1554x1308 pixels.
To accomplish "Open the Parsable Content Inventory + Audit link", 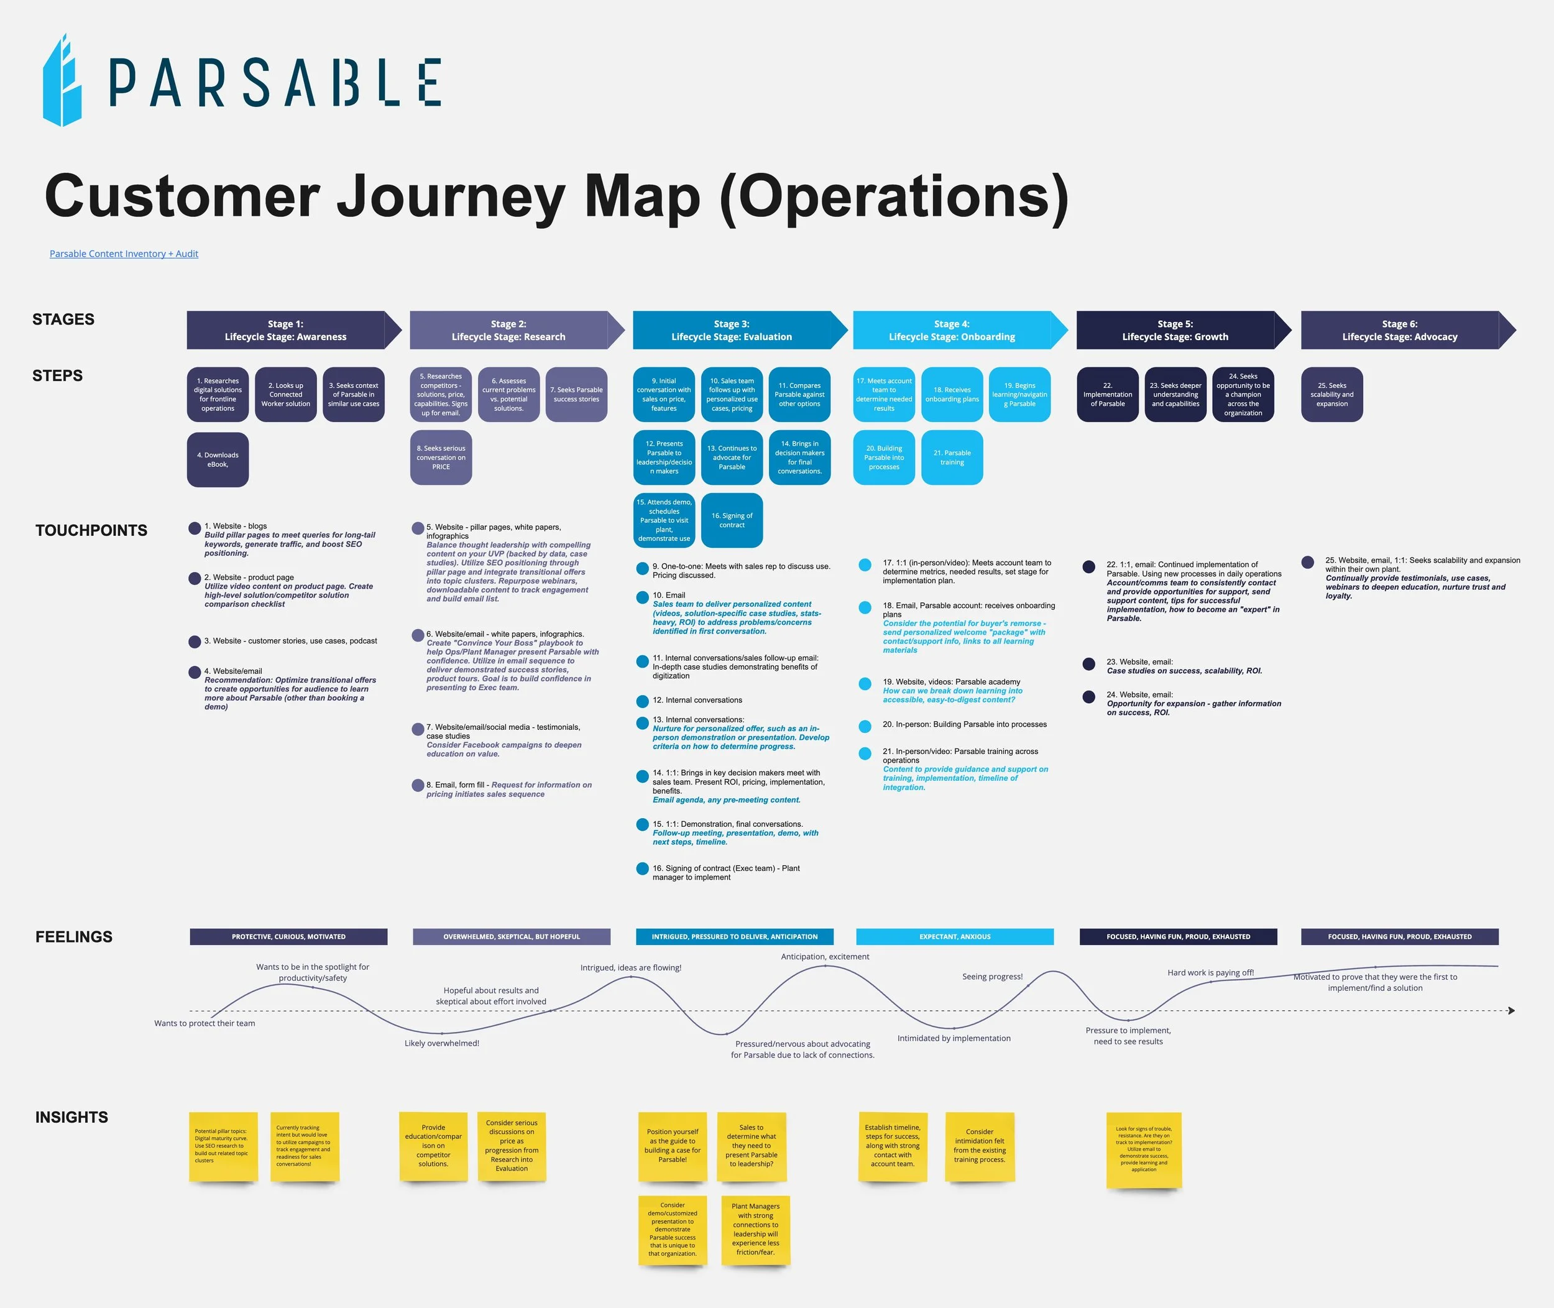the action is pyautogui.click(x=124, y=254).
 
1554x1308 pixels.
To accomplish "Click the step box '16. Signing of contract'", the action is pyautogui.click(x=732, y=520).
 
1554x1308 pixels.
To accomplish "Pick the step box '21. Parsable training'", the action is pyautogui.click(x=952, y=458).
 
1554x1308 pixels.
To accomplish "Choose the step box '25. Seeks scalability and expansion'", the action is pyautogui.click(x=1331, y=395).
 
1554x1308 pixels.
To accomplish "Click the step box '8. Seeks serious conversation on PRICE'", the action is pyautogui.click(x=441, y=458).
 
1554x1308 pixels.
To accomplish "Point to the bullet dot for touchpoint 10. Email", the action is pyautogui.click(x=643, y=597).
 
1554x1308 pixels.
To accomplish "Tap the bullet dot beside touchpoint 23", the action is pyautogui.click(x=1088, y=665).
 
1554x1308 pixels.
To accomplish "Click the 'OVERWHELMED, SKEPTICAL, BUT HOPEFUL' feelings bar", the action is pyautogui.click(x=512, y=936).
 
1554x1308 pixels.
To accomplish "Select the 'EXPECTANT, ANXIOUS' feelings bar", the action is pyautogui.click(x=955, y=936).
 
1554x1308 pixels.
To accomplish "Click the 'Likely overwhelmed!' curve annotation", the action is pyautogui.click(x=442, y=1043).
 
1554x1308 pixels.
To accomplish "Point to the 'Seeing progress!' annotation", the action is pyautogui.click(x=992, y=977).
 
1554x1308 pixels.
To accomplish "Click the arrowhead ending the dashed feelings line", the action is pyautogui.click(x=1511, y=1011).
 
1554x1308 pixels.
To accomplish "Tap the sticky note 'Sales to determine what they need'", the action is pyautogui.click(x=752, y=1146).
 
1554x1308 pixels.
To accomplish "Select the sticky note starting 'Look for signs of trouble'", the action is pyautogui.click(x=1144, y=1149).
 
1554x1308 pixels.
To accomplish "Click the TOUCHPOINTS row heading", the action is pyautogui.click(x=91, y=530).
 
